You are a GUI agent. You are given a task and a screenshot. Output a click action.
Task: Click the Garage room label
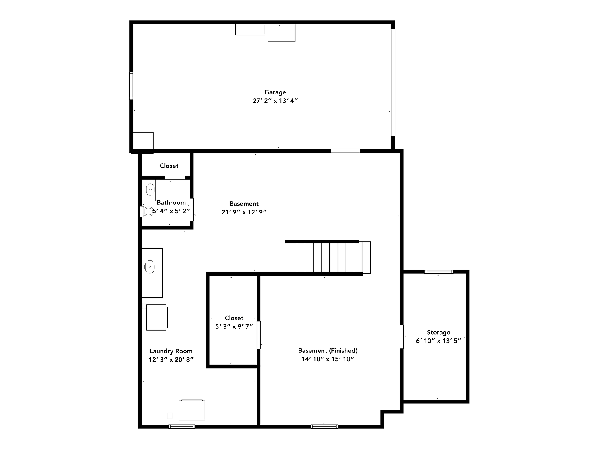pyautogui.click(x=275, y=92)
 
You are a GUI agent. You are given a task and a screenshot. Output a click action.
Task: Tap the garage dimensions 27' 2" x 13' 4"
pyautogui.click(x=275, y=101)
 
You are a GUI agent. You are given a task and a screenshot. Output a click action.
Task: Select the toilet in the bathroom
pyautogui.click(x=147, y=211)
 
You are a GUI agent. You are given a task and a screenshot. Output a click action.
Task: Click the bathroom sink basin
pyautogui.click(x=150, y=190)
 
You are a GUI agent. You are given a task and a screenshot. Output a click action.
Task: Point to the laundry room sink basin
pyautogui.click(x=149, y=267)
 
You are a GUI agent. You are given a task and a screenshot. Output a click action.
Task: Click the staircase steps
pyautogui.click(x=333, y=257)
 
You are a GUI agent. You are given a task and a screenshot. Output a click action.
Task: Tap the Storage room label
pyautogui.click(x=438, y=332)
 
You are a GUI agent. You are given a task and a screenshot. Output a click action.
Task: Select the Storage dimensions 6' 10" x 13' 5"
pyautogui.click(x=438, y=340)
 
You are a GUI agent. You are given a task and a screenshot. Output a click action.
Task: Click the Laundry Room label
pyautogui.click(x=171, y=351)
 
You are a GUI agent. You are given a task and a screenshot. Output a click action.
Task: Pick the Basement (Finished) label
pyautogui.click(x=328, y=350)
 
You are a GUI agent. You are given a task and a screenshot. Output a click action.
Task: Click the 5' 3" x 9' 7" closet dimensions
pyautogui.click(x=234, y=326)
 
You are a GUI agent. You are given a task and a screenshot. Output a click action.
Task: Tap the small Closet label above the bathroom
pyautogui.click(x=169, y=166)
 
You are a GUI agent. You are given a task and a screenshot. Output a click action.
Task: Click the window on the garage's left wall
pyautogui.click(x=131, y=86)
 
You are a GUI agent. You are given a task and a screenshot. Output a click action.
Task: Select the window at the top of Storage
pyautogui.click(x=439, y=272)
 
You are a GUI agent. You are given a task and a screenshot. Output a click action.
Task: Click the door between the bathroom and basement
pyautogui.click(x=192, y=209)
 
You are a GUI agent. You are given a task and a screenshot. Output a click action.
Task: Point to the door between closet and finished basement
pyautogui.click(x=259, y=335)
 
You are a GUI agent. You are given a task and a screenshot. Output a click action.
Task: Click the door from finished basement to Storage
pyautogui.click(x=402, y=337)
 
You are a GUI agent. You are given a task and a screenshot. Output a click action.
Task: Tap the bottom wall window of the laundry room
pyautogui.click(x=182, y=426)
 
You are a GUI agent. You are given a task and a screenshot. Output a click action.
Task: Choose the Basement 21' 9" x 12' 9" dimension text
pyautogui.click(x=244, y=212)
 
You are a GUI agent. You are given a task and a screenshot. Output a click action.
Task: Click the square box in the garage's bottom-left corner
pyautogui.click(x=143, y=141)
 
